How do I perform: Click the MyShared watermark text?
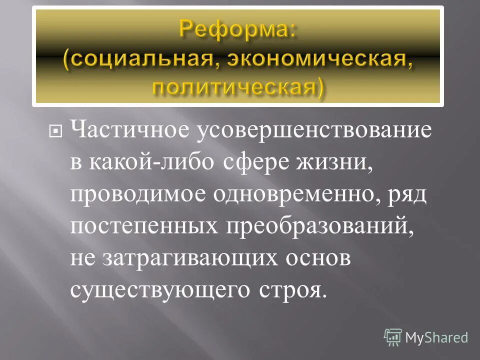[436, 337]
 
